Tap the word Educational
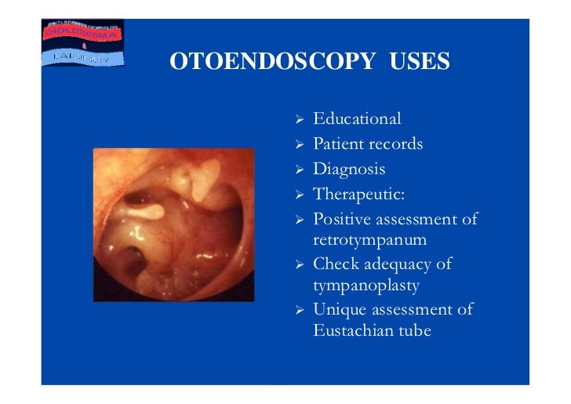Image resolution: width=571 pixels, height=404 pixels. (x=357, y=119)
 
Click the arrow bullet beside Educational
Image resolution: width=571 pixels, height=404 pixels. (x=299, y=120)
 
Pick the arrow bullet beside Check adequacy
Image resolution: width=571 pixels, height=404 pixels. (x=299, y=265)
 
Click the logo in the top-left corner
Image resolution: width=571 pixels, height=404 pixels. (x=82, y=43)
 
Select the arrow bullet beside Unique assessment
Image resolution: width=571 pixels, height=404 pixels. (x=299, y=310)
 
